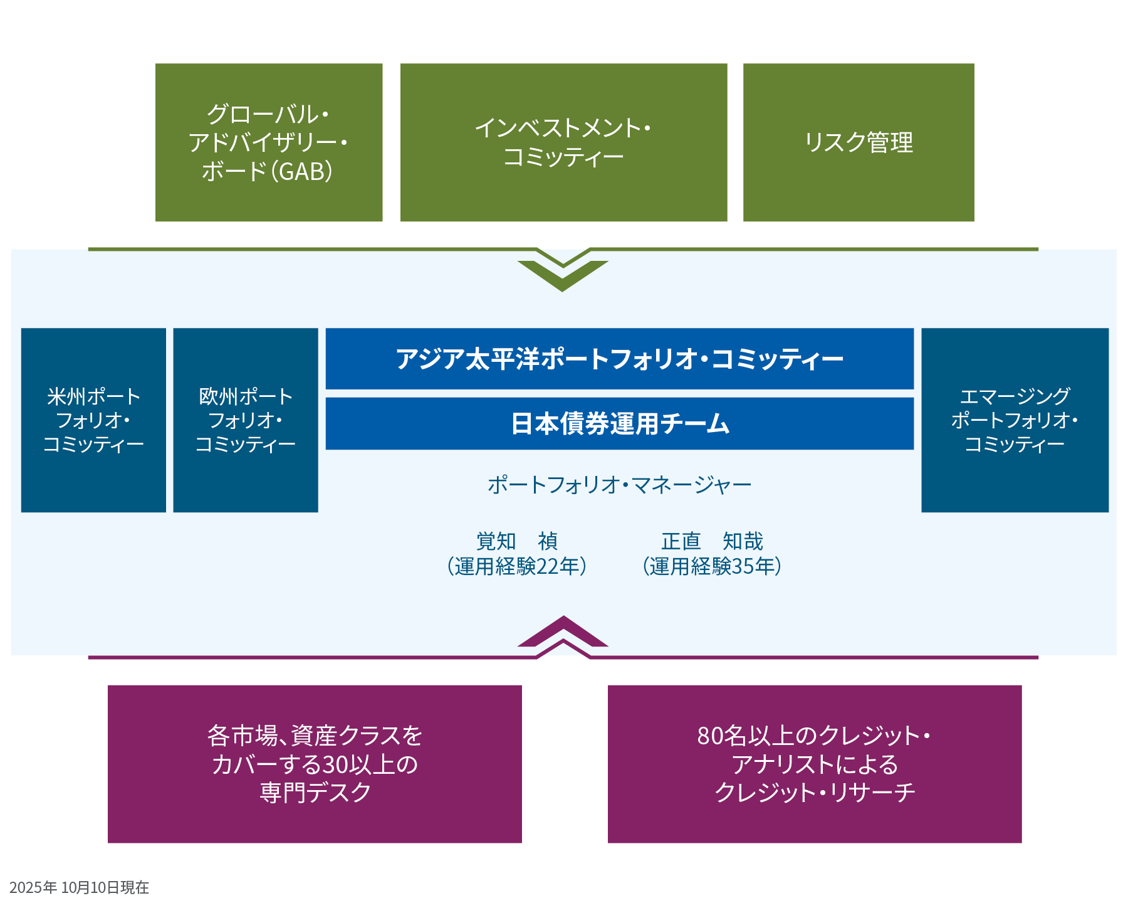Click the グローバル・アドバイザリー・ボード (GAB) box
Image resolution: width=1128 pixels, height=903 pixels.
click(x=269, y=142)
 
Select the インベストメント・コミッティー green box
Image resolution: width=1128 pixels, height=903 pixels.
click(x=563, y=142)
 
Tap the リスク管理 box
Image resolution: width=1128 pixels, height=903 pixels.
click(x=858, y=142)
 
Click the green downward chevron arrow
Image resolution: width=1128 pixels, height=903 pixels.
click(x=563, y=275)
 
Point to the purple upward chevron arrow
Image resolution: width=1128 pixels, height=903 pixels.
click(x=563, y=633)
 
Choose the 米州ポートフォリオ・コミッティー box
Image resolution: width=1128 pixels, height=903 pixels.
click(x=93, y=420)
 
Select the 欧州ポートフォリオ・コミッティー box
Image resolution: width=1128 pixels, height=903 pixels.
click(x=246, y=420)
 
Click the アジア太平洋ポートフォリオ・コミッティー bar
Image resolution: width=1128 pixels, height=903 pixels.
click(x=619, y=359)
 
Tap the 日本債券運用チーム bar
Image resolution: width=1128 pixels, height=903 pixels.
click(x=619, y=423)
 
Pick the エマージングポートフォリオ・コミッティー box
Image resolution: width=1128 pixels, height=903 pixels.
click(x=1014, y=420)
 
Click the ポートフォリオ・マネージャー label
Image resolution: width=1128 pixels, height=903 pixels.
click(x=619, y=485)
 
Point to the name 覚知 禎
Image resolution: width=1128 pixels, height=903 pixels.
click(x=516, y=541)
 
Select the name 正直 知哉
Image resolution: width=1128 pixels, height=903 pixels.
click(x=712, y=541)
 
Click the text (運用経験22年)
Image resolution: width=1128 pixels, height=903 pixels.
click(x=516, y=566)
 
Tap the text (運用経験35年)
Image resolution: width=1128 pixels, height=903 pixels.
click(x=712, y=566)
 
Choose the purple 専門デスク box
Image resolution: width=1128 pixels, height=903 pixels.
click(x=315, y=764)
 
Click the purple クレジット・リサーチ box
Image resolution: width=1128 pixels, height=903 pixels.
click(x=814, y=764)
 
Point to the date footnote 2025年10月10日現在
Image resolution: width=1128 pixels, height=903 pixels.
click(x=79, y=887)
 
